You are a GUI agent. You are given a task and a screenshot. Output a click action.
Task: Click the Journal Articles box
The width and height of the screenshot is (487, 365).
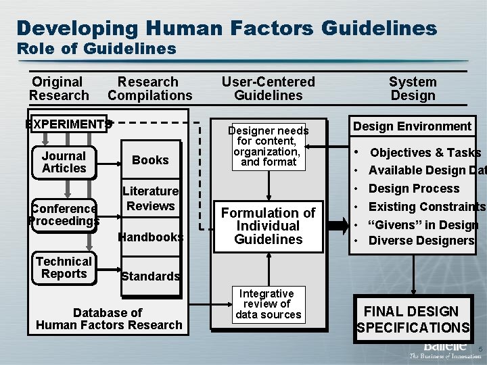(64, 162)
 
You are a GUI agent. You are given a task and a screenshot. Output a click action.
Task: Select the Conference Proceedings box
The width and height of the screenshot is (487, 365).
(64, 215)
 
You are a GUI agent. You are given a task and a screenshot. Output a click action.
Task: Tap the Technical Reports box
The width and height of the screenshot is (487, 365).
(64, 268)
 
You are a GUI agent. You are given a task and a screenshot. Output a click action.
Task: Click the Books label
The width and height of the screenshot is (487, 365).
(150, 160)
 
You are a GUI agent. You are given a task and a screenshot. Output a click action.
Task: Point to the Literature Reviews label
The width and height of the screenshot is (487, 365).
(151, 199)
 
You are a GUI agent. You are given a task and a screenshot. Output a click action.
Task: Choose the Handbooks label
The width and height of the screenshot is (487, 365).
(151, 237)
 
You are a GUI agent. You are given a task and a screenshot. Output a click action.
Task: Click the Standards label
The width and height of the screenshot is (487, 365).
(150, 276)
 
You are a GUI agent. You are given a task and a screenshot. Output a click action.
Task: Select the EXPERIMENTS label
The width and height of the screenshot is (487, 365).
(68, 124)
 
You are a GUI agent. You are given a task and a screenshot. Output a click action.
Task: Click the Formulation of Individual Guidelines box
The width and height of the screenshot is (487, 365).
(269, 226)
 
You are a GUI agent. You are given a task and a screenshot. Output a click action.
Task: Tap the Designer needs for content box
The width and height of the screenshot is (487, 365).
(269, 146)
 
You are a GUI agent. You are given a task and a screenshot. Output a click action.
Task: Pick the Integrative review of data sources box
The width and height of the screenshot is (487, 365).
(269, 304)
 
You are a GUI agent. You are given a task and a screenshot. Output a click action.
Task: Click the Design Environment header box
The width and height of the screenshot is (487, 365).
(412, 126)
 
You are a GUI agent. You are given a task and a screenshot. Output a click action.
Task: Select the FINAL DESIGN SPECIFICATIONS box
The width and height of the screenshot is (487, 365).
(413, 320)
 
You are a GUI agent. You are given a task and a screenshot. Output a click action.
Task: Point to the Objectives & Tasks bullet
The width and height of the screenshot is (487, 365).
(425, 153)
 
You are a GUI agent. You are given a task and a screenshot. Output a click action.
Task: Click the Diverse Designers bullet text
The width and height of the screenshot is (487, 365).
(421, 241)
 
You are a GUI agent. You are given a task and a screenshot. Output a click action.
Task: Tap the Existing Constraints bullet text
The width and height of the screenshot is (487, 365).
(426, 206)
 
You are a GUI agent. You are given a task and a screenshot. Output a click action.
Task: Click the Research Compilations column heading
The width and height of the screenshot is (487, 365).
(150, 89)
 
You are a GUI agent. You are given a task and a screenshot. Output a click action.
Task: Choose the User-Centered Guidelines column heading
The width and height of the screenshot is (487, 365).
(269, 89)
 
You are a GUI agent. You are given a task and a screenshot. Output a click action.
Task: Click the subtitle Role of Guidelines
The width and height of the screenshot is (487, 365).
(96, 49)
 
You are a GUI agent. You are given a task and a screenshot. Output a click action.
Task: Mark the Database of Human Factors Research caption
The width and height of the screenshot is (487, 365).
(109, 318)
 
